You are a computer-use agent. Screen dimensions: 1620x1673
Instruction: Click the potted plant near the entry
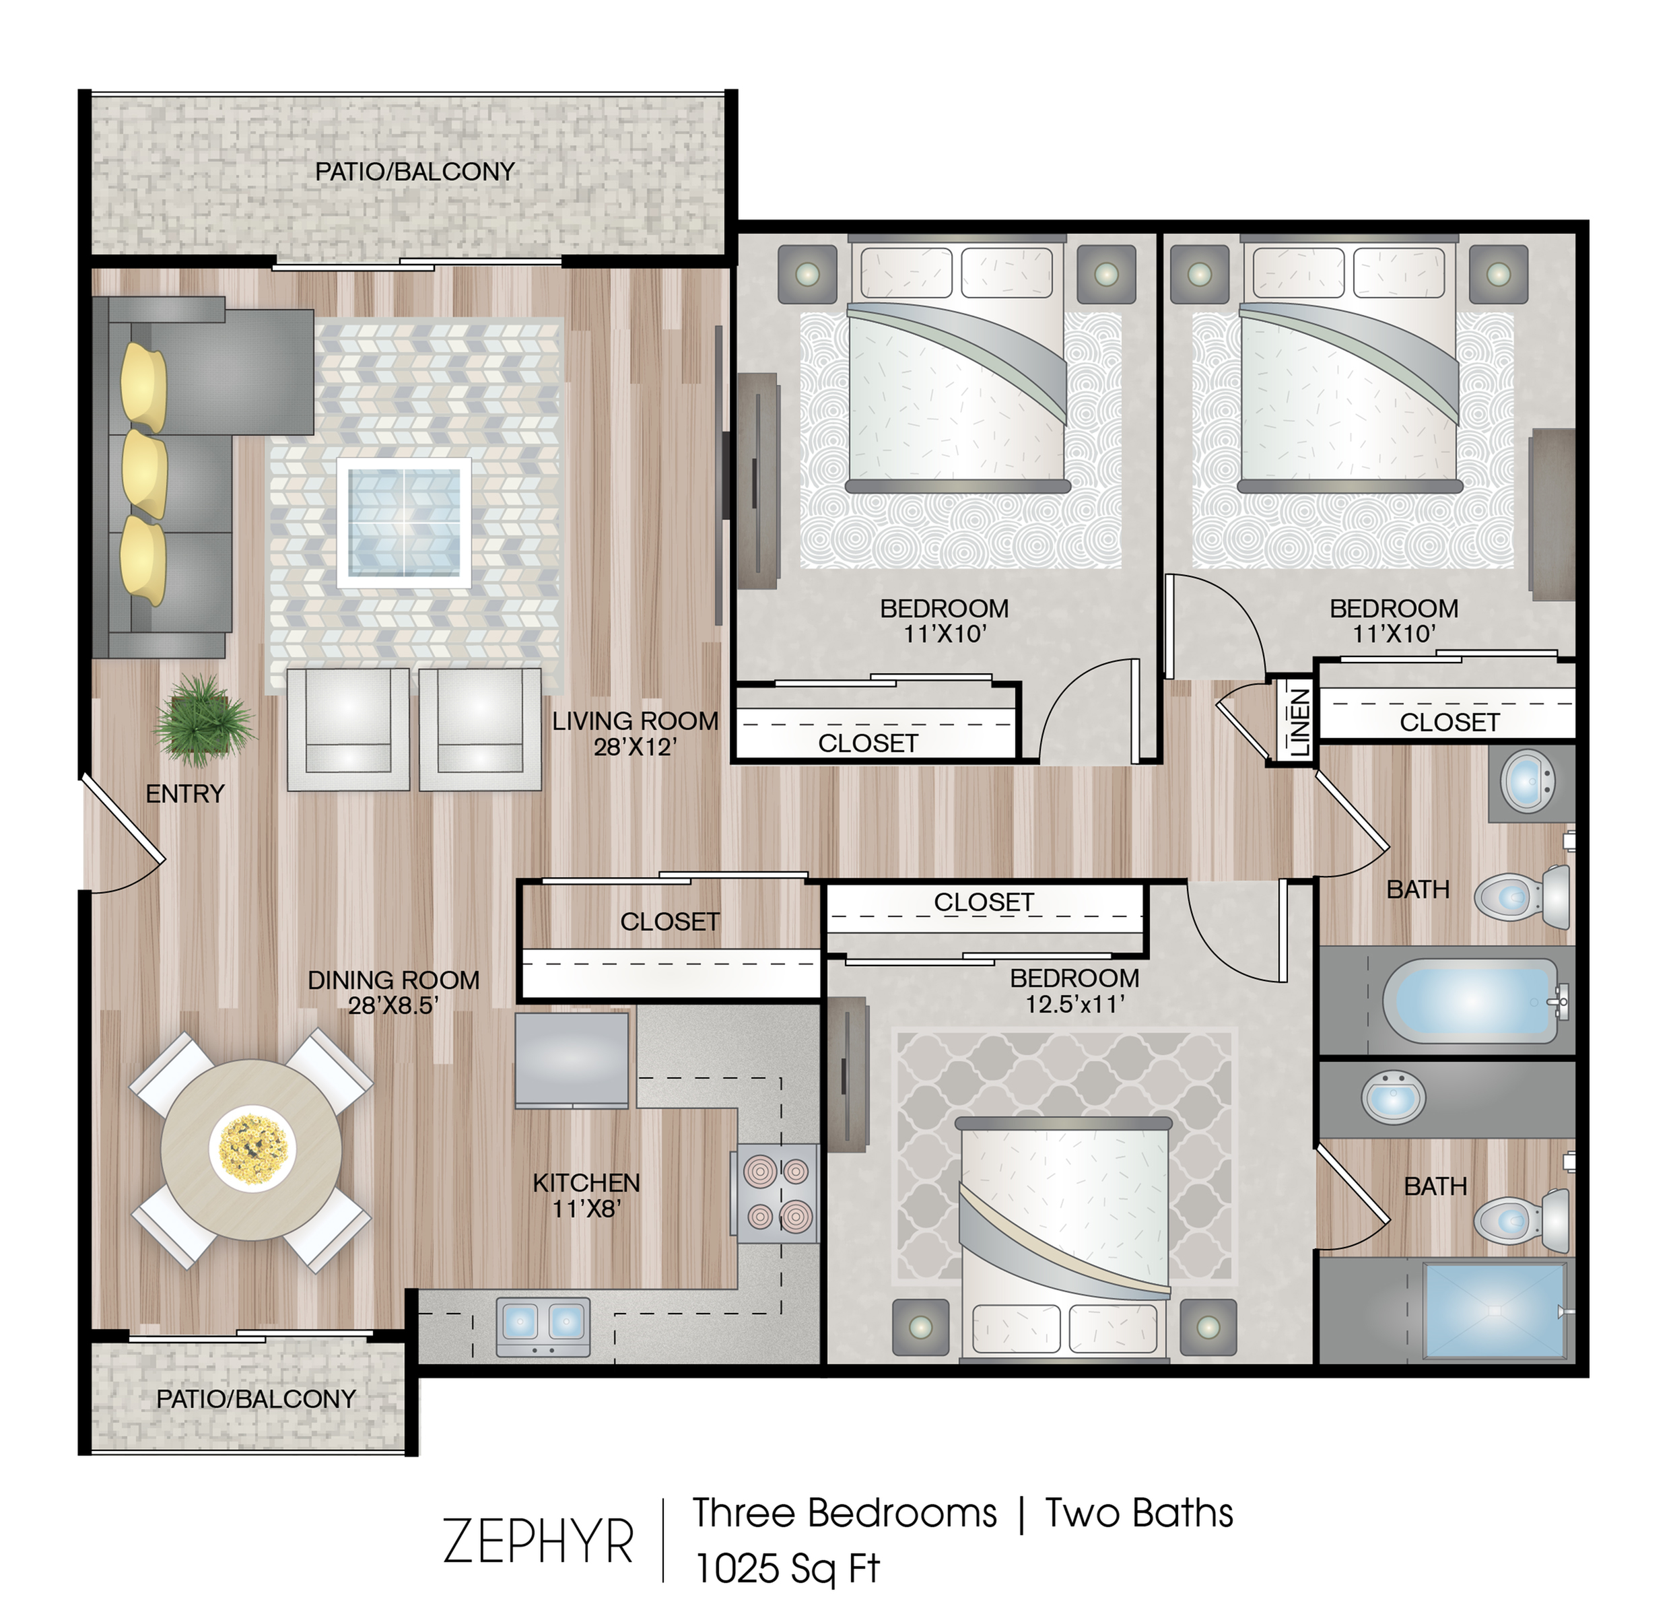pos(203,720)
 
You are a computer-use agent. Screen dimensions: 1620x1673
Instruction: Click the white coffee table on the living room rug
pos(404,522)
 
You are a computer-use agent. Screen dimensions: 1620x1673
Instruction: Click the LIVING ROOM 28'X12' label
pos(635,733)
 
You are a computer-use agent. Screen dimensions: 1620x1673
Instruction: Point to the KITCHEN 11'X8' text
pos(586,1195)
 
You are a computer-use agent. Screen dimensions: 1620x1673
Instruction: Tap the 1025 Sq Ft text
pos(786,1567)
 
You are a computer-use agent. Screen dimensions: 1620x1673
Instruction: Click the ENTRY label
pos(184,794)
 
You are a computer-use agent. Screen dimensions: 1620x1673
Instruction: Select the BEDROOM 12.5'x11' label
pos(1074,990)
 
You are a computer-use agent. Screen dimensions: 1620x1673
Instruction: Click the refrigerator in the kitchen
pos(572,1058)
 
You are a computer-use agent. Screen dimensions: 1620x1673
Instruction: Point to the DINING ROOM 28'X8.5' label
pos(393,992)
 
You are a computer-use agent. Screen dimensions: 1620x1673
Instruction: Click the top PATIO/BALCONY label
pos(415,172)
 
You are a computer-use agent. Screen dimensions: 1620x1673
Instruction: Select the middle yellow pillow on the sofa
pos(143,474)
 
